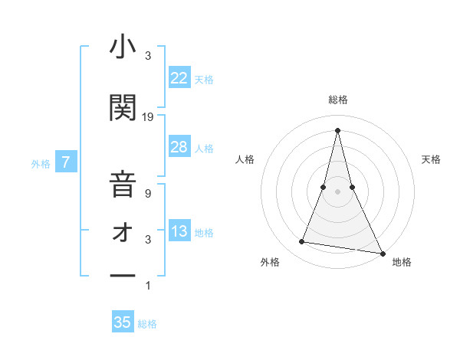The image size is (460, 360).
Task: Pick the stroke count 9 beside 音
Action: coord(148,194)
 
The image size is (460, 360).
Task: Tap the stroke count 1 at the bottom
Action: coord(148,286)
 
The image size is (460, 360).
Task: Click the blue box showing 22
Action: coord(179,78)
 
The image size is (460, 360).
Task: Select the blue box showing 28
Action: coord(179,147)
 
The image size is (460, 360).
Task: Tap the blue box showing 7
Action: coord(67,162)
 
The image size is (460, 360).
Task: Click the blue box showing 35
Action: coord(123,322)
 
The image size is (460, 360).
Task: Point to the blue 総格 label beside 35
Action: coord(147,324)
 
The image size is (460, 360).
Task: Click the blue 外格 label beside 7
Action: coord(41,163)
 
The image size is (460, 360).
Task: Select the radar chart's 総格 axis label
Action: coord(337,100)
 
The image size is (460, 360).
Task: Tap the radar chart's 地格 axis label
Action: coord(402,263)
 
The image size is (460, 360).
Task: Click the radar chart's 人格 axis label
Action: coord(245,159)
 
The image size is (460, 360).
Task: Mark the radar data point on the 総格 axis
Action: coord(337,129)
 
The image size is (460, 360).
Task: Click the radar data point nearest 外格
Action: coord(302,242)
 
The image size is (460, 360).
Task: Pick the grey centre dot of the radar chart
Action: coord(337,191)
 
